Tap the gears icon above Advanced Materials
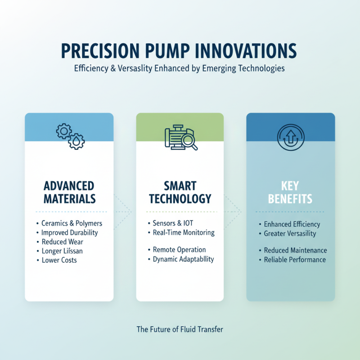(70, 134)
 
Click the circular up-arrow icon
(290, 135)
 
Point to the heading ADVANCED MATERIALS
(69, 192)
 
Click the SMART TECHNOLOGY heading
(180, 192)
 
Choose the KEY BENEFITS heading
(290, 192)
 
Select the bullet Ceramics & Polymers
(72, 223)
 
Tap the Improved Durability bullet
(69, 233)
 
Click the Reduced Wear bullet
(62, 242)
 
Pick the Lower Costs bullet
(59, 260)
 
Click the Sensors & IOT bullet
(173, 223)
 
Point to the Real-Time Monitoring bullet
(184, 233)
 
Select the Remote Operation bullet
(179, 250)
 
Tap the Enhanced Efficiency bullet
(292, 224)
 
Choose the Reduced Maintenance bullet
(295, 250)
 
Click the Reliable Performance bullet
(295, 260)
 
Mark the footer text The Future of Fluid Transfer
(180, 329)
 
